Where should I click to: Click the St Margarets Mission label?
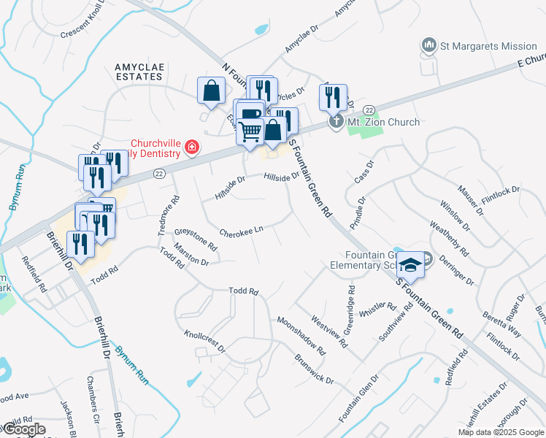pos(488,46)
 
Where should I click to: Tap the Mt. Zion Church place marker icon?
pos(336,122)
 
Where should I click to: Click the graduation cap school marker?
pos(411,265)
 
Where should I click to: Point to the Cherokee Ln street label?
pos(240,231)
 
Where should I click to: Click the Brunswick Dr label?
pos(314,369)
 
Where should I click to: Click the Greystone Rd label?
pos(196,240)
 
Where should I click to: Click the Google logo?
pos(23,429)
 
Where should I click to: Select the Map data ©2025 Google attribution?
pos(500,432)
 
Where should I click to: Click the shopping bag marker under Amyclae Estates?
pos(211,91)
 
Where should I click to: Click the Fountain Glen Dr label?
pos(358,398)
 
